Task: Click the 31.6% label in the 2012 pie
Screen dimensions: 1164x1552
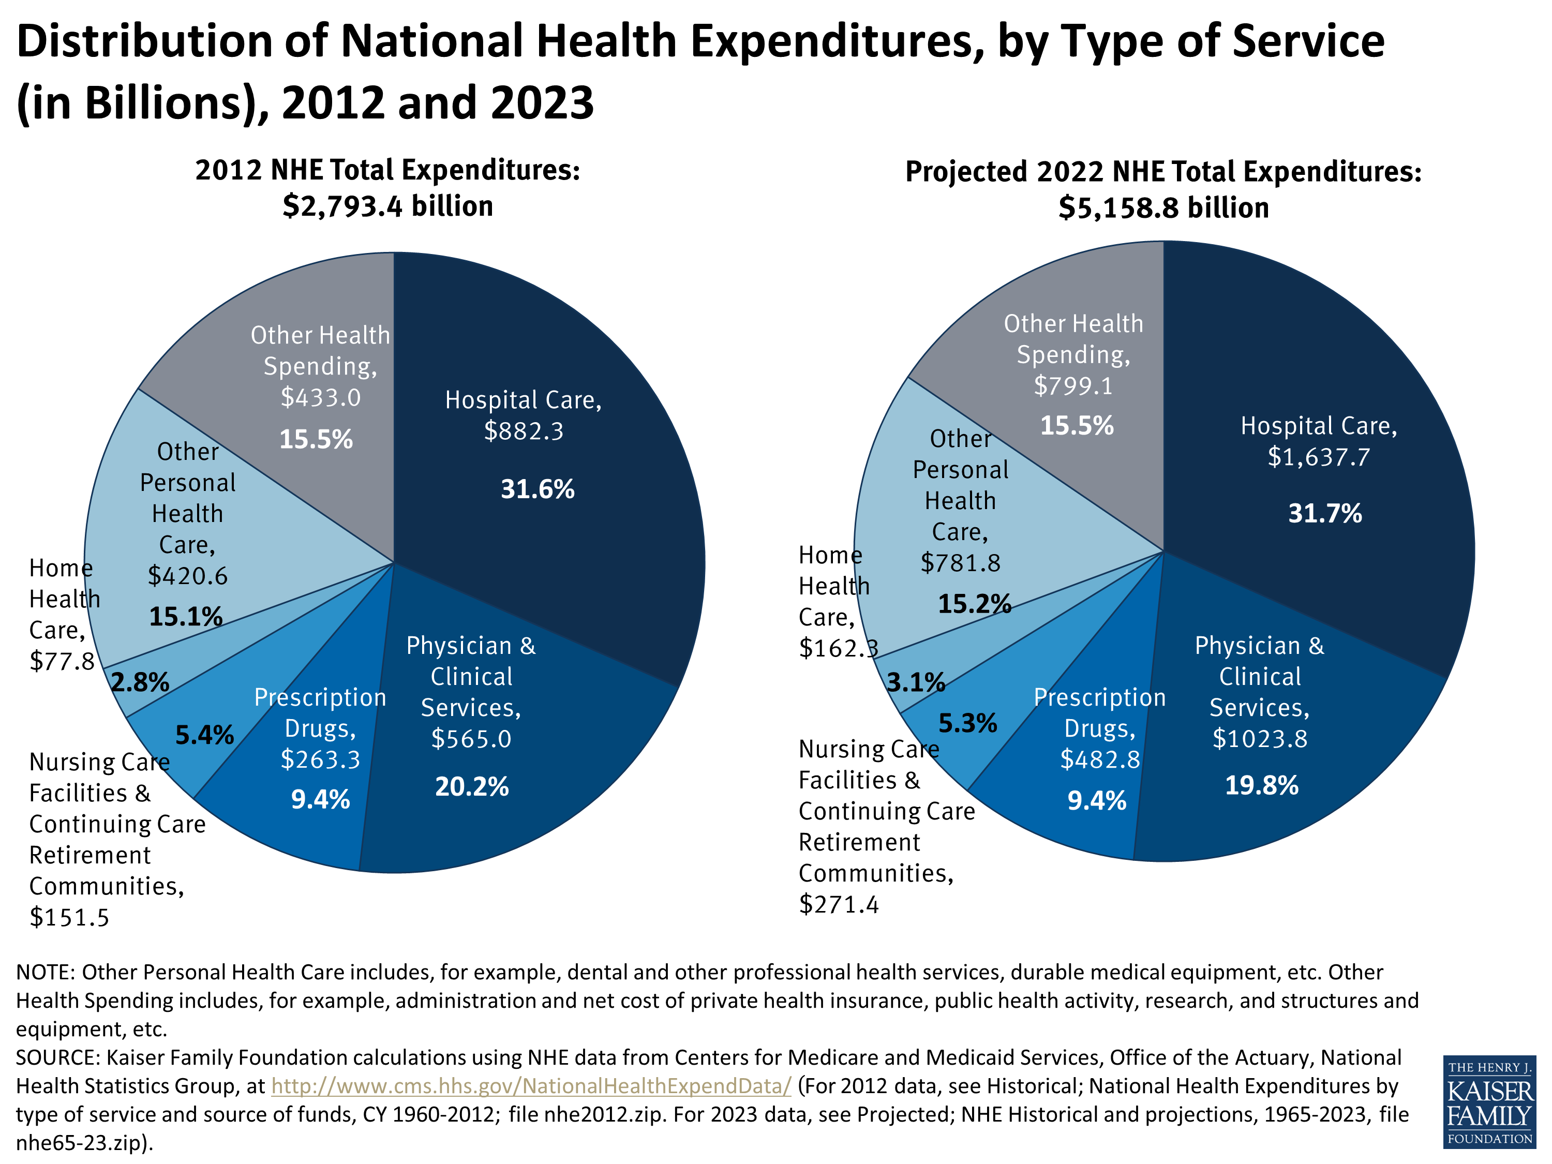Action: (x=537, y=489)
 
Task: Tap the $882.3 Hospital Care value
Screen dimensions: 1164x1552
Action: (x=524, y=431)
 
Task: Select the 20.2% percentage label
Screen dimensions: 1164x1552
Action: (x=471, y=786)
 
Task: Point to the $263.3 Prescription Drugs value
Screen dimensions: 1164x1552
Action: (x=320, y=759)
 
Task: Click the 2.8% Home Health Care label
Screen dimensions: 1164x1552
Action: (x=140, y=682)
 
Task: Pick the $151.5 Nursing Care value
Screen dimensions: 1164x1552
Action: (x=69, y=918)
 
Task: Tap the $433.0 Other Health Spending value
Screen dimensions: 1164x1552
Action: (x=321, y=398)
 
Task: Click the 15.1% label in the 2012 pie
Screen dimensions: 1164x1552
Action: (x=185, y=617)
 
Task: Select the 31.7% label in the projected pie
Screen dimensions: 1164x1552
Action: (x=1325, y=514)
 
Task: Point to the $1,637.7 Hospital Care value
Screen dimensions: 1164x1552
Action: (x=1318, y=457)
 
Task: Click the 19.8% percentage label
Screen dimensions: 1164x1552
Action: (x=1262, y=785)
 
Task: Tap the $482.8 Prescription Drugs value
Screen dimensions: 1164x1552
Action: (x=1099, y=759)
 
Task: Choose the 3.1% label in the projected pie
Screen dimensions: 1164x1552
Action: (x=916, y=682)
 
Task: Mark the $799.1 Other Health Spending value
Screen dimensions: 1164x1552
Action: (x=1073, y=386)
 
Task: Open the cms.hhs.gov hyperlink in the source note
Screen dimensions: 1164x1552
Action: (x=531, y=1086)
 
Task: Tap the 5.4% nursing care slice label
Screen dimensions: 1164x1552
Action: (x=204, y=735)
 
